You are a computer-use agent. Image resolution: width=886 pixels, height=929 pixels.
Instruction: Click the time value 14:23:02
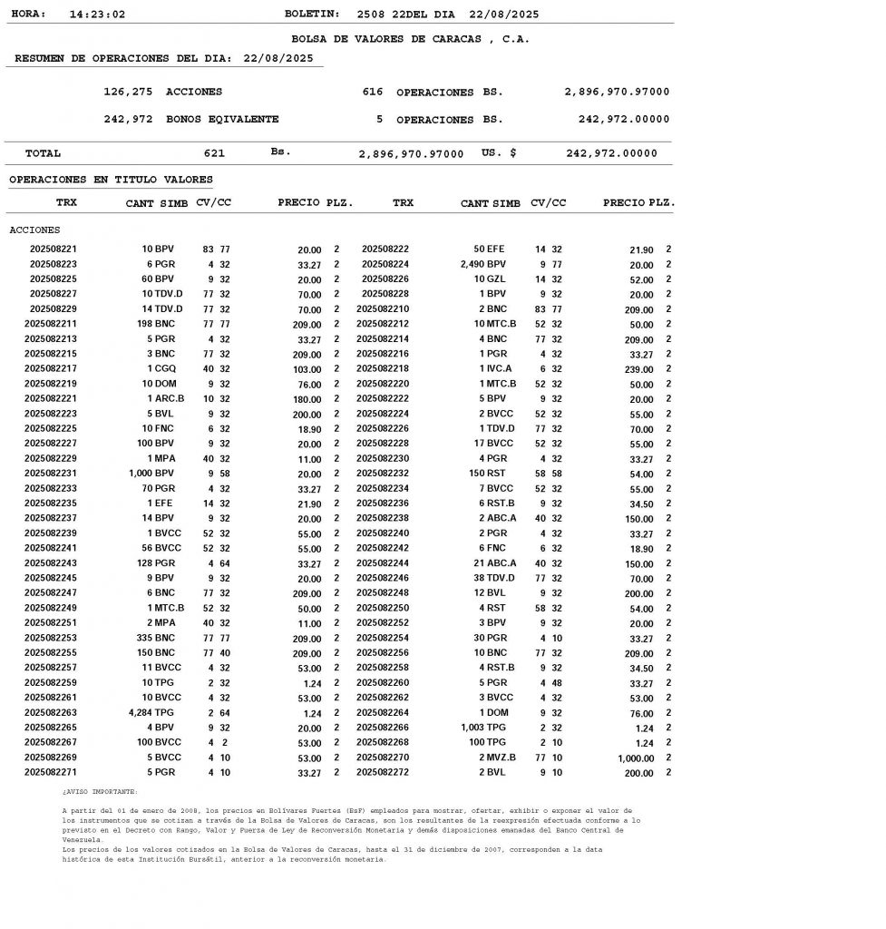(x=97, y=15)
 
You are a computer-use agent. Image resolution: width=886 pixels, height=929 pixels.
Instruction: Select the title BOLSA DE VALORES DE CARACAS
(x=410, y=39)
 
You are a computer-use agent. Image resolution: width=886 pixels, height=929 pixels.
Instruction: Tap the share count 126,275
(x=128, y=93)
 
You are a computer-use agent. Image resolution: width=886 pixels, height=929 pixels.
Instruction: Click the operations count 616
(x=373, y=93)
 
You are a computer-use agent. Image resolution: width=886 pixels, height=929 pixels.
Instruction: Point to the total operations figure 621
(x=214, y=153)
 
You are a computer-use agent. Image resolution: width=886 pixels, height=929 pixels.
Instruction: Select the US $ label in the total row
(x=499, y=153)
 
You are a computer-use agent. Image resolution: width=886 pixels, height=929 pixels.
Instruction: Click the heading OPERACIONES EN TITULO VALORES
(x=111, y=180)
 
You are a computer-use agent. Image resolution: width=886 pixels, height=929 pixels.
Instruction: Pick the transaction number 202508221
(x=54, y=249)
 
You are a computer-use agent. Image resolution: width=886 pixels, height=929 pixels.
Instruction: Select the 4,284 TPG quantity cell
(x=152, y=713)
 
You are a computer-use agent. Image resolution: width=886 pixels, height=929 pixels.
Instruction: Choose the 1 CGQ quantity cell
(x=162, y=368)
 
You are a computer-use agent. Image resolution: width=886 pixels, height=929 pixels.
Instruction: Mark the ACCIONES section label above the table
(x=34, y=230)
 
